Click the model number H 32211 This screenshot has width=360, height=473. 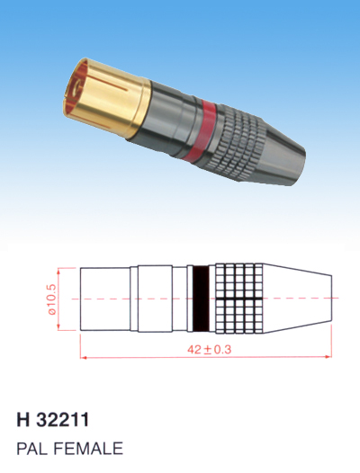53,420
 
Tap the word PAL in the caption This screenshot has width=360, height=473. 32,449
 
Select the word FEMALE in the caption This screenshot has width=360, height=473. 88,449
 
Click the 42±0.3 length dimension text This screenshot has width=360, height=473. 209,350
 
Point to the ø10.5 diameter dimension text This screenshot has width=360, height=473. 52,299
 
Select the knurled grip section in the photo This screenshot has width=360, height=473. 241,142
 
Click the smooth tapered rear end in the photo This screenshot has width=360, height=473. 283,154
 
